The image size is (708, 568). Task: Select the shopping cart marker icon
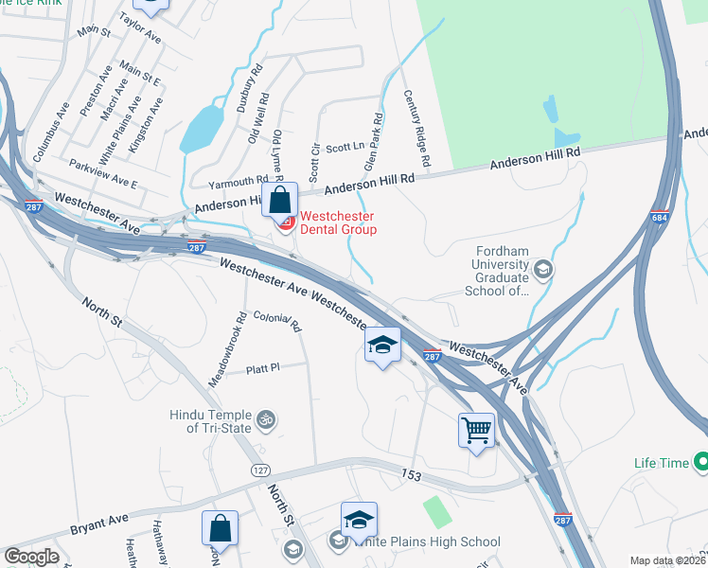[476, 430]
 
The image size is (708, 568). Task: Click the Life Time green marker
[701, 463]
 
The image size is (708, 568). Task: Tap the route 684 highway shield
[661, 218]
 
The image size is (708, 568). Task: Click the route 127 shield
[260, 470]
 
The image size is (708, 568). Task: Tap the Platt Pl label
[263, 368]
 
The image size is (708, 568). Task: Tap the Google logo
[32, 557]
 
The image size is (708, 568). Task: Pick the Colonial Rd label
[278, 323]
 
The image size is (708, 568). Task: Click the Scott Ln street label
[345, 148]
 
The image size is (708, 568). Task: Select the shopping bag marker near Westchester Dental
[280, 200]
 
